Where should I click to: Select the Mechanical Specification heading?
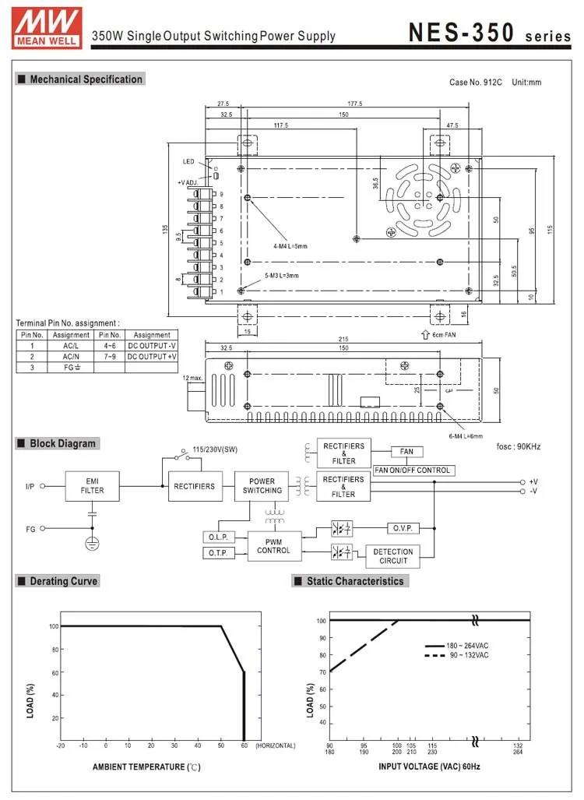point(80,79)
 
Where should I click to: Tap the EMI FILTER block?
point(93,486)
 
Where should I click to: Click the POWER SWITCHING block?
point(262,486)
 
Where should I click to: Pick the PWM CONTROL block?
point(273,545)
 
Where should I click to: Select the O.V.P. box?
point(402,528)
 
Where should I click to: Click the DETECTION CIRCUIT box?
point(393,555)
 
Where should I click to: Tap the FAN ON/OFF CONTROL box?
point(413,470)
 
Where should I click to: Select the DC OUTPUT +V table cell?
point(152,356)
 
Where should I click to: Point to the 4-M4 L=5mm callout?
point(290,246)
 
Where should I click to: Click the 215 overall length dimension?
point(343,340)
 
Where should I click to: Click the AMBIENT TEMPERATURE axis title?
point(146,767)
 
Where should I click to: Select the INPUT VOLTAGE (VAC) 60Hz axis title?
point(429,767)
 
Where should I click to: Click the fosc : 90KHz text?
point(519,446)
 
